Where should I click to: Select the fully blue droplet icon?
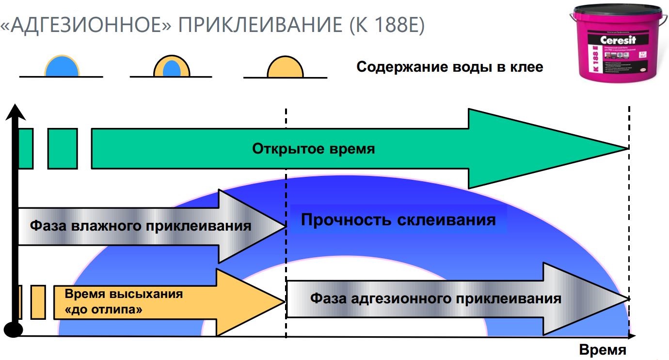click(62, 66)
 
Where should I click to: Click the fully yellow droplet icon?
click(285, 68)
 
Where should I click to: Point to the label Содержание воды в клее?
click(449, 67)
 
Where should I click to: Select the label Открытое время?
click(313, 149)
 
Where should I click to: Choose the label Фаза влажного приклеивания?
click(141, 226)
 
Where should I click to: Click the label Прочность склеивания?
click(398, 220)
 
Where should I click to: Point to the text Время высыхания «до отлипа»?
click(124, 301)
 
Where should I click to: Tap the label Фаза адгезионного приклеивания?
click(435, 298)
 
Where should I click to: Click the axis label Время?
click(603, 350)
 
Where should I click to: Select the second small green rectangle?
click(63, 148)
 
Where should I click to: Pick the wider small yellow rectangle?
click(38, 302)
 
